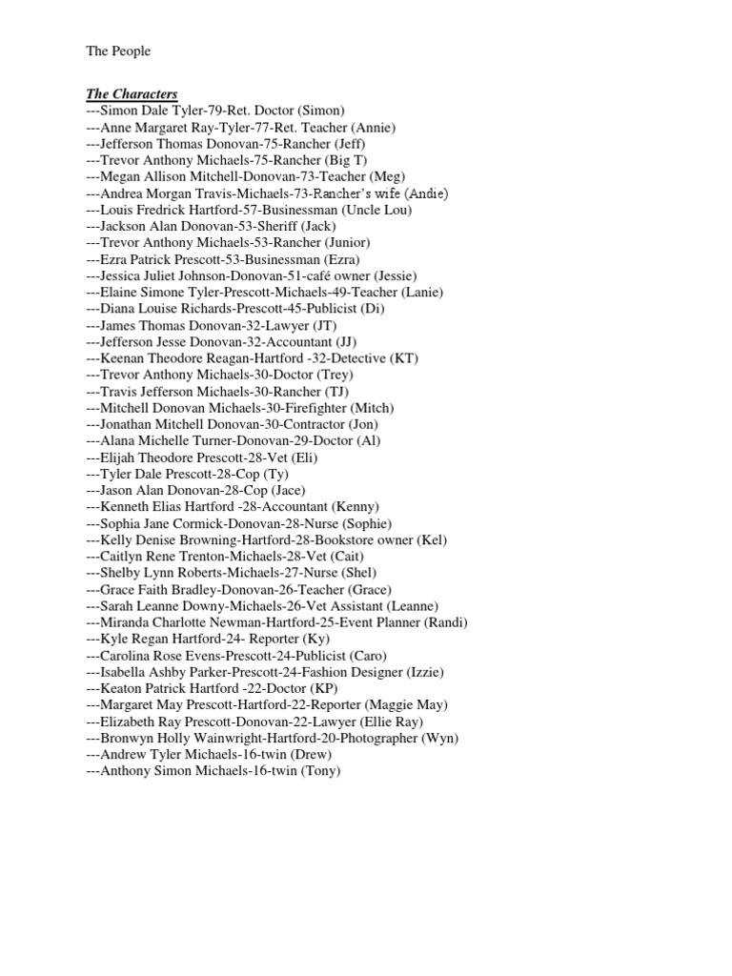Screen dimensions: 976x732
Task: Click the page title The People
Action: [118, 51]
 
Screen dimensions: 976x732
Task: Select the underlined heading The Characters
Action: [132, 94]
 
